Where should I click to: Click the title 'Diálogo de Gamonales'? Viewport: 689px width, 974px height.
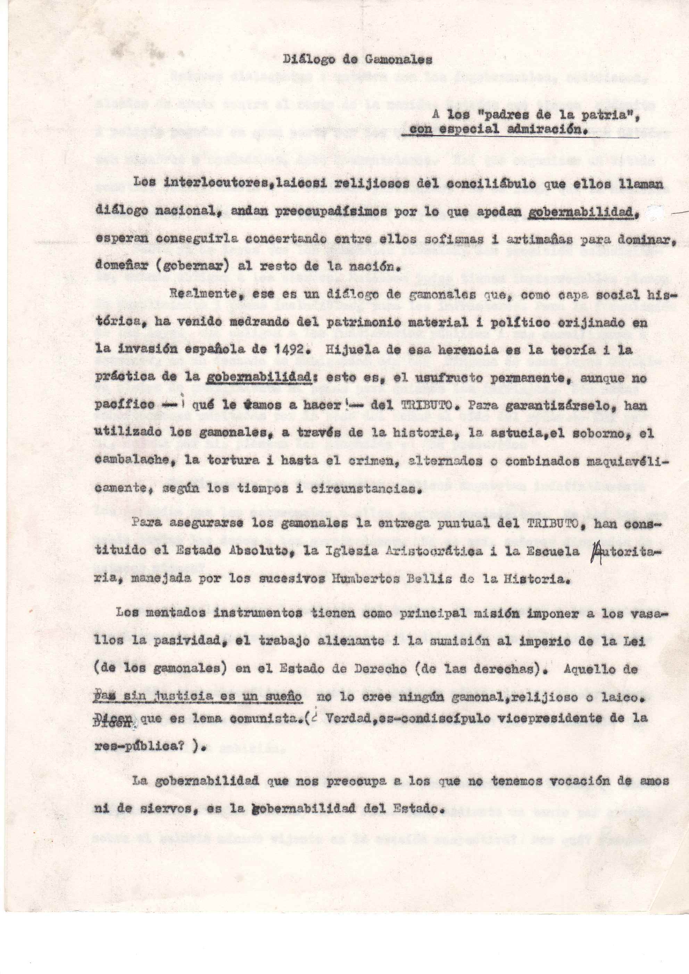pos(357,60)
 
